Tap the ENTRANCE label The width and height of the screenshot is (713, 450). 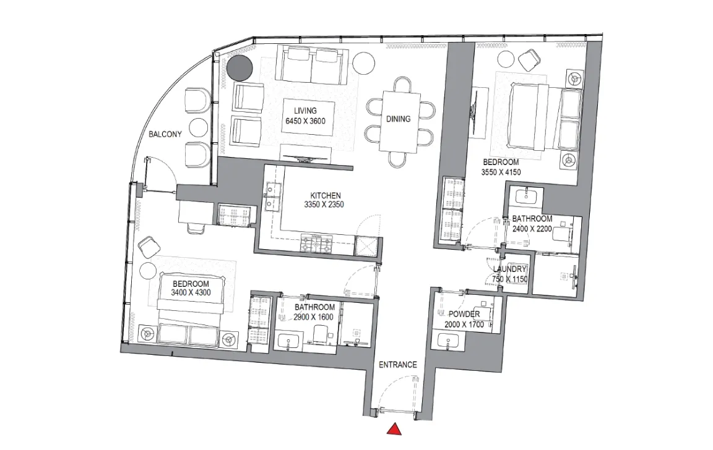[x=398, y=365]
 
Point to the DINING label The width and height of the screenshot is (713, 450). [x=398, y=119]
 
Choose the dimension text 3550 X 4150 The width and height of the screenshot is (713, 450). [x=501, y=173]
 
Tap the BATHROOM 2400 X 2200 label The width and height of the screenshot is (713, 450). [x=532, y=223]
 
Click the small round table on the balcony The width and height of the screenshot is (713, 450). [x=199, y=128]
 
